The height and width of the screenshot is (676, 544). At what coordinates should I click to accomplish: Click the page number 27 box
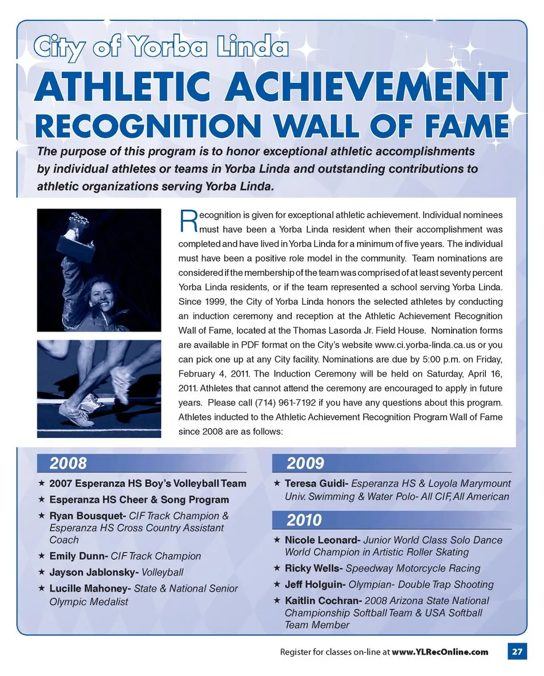[x=516, y=652]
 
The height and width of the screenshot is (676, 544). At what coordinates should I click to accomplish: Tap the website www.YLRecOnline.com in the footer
[x=440, y=652]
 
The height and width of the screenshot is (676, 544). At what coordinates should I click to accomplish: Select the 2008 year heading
[x=69, y=464]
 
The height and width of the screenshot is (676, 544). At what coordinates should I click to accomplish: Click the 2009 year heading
[x=305, y=464]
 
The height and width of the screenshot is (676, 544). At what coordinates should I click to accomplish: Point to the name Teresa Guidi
[x=316, y=484]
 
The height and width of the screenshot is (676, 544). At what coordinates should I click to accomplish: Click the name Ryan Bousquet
[x=87, y=516]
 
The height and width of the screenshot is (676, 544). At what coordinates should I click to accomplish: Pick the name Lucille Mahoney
[x=90, y=589]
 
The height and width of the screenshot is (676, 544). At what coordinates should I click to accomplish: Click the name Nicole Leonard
[x=321, y=540]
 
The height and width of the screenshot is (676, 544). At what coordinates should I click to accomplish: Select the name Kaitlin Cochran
[x=322, y=601]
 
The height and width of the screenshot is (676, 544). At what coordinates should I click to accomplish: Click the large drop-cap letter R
[x=188, y=222]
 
